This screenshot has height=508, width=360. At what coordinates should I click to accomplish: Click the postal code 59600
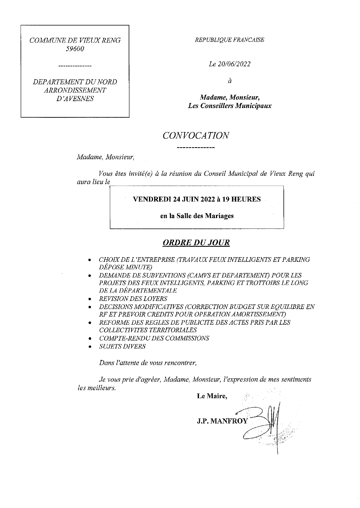click(75, 49)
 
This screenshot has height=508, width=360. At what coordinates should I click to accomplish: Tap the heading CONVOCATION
click(196, 136)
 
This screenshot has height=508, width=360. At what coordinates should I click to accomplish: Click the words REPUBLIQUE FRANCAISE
click(230, 40)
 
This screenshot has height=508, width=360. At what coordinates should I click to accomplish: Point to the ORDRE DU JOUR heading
click(196, 242)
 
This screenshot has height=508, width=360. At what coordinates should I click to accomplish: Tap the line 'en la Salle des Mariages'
click(197, 216)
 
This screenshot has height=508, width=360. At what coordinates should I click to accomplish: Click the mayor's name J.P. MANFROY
click(222, 421)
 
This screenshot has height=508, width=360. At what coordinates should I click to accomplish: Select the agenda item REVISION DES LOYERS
click(133, 299)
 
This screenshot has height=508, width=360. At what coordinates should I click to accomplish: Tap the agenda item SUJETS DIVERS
click(122, 346)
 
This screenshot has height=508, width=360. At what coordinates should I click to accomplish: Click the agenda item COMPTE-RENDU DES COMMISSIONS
click(154, 338)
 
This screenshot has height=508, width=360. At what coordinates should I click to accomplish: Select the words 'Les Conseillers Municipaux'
click(230, 106)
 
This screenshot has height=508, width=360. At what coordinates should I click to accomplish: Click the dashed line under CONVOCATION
click(195, 148)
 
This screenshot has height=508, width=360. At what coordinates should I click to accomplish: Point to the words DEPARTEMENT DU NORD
click(75, 82)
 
